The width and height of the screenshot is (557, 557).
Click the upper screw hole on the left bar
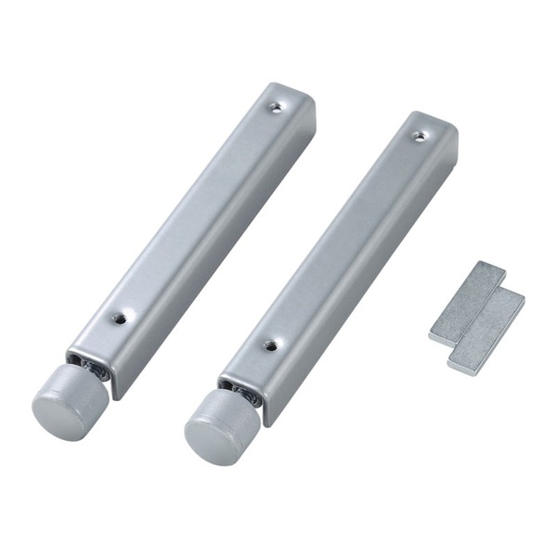point(275,107)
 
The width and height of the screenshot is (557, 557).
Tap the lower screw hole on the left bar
point(119,317)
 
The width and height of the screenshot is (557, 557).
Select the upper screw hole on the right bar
point(419,136)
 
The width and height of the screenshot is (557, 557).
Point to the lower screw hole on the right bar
point(269,344)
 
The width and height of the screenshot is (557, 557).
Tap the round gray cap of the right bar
point(219,425)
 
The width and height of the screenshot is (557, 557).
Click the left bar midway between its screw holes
point(197,212)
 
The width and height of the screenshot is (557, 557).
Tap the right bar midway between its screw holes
point(343,240)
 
